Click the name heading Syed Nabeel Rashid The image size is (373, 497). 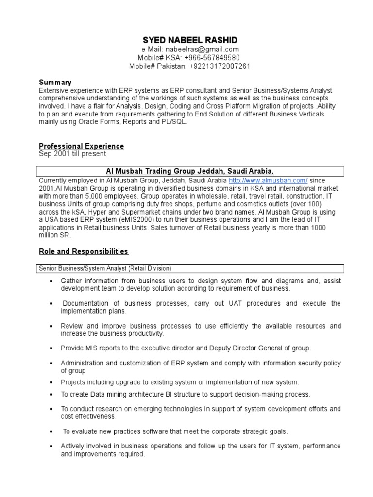pyautogui.click(x=190, y=40)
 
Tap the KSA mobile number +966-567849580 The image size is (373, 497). pyautogui.click(x=212, y=58)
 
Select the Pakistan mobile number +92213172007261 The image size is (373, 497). pyautogui.click(x=220, y=66)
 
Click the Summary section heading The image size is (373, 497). pyautogui.click(x=55, y=83)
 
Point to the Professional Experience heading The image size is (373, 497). pyautogui.click(x=81, y=146)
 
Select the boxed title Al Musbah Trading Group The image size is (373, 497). pyautogui.click(x=190, y=171)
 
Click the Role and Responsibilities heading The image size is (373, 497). pyautogui.click(x=83, y=251)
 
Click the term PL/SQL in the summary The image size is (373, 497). pyautogui.click(x=174, y=122)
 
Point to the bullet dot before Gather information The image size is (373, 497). pyautogui.click(x=51, y=282)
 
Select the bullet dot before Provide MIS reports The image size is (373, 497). pyautogui.click(x=51, y=348)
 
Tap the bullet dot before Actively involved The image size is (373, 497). pyautogui.click(x=51, y=446)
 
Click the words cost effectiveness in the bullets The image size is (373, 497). pyautogui.click(x=88, y=416)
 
